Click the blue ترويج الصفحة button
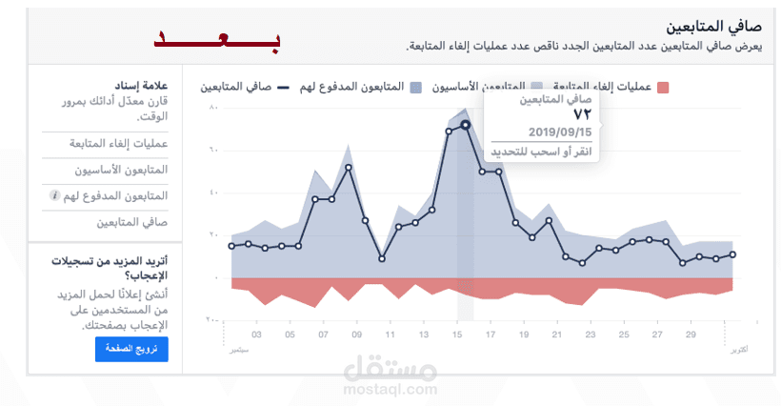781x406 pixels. [131, 350]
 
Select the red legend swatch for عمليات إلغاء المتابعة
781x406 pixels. [663, 87]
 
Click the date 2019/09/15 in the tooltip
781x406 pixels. [560, 132]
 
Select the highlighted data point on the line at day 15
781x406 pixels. [465, 125]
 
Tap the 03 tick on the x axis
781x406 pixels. [257, 335]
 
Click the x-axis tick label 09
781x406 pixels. [356, 335]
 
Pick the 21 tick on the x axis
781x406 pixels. [557, 335]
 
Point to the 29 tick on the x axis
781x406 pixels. [691, 335]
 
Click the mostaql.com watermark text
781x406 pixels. [390, 388]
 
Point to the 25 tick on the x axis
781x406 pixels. [624, 335]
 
